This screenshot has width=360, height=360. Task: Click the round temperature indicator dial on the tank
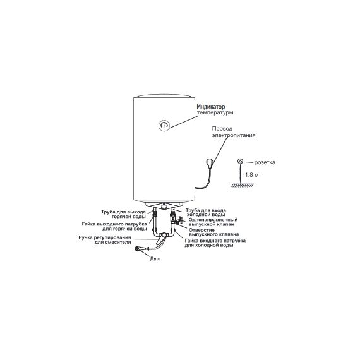coord(164,125)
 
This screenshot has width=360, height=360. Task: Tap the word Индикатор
coord(211,107)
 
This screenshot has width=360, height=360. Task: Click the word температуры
coord(215,112)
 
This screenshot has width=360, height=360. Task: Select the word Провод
coord(222,129)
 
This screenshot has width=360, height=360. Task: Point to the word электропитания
coord(234,135)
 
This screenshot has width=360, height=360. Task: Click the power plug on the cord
coord(210,162)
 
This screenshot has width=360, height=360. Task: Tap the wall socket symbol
coord(240,161)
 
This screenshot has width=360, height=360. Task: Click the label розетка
coord(265,162)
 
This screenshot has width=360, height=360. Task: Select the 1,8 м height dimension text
coord(252,175)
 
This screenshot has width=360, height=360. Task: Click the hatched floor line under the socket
coord(242,184)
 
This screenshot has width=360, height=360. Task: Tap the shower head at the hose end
coord(137,249)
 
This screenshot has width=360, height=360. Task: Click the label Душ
coord(155,259)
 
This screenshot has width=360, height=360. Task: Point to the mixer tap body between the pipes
coord(164,236)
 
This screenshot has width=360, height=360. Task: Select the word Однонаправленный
coord(213,220)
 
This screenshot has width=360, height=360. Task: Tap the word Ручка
coord(86,237)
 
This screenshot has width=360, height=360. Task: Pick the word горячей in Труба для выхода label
coord(121,217)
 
